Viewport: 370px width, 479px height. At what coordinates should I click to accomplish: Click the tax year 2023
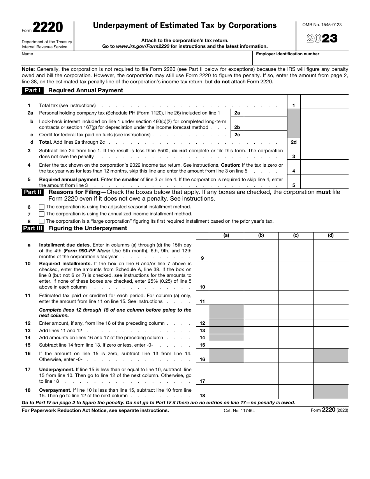tap(322, 39)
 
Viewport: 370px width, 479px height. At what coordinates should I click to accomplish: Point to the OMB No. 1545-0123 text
tap(322, 25)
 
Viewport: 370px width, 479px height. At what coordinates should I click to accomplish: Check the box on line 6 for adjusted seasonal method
tap(42, 207)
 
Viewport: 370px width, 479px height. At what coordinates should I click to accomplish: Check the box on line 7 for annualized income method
tap(42, 214)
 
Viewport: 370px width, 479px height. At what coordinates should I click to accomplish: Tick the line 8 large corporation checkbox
tap(42, 221)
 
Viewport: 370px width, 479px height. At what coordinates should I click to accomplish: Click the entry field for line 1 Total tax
tap(324, 105)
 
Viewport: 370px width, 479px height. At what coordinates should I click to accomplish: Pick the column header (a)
tap(226, 236)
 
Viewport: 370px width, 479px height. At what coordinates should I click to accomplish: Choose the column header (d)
tap(331, 236)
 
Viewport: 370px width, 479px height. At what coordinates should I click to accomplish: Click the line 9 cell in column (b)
tap(261, 250)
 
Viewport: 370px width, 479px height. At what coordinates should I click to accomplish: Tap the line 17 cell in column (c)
tap(296, 373)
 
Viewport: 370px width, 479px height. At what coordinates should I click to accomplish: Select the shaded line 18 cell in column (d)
tap(331, 391)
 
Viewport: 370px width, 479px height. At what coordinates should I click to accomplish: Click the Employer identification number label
tap(287, 54)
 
